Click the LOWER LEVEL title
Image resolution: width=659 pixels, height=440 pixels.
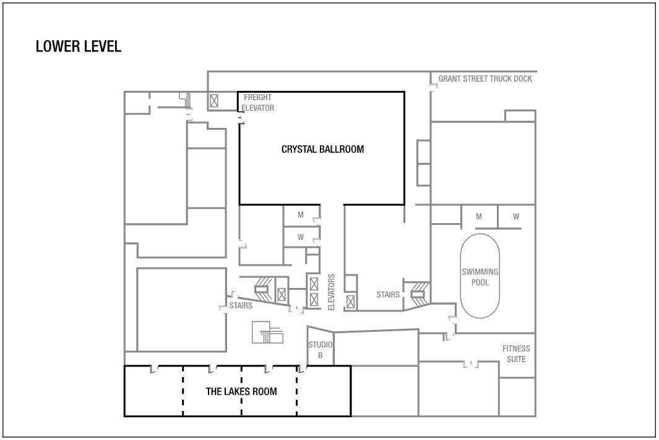click(x=79, y=46)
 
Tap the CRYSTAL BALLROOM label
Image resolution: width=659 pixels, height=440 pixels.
click(x=322, y=149)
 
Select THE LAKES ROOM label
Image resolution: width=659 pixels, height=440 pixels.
click(x=241, y=391)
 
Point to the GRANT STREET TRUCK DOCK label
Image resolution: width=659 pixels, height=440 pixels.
click(x=485, y=78)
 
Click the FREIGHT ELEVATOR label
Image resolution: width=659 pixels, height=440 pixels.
click(x=257, y=103)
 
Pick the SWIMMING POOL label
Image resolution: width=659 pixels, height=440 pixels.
click(x=480, y=277)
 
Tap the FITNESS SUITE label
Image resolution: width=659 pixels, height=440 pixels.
click(x=516, y=354)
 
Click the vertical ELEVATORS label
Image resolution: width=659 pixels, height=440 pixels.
click(x=331, y=292)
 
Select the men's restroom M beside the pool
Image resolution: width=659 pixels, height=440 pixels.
click(x=479, y=217)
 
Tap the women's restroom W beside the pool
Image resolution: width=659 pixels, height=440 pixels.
click(x=515, y=217)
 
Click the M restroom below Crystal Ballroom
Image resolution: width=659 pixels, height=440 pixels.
click(x=301, y=215)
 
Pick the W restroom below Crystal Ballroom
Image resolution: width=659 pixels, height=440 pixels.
click(x=301, y=237)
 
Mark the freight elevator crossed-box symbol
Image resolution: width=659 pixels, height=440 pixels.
click(x=214, y=101)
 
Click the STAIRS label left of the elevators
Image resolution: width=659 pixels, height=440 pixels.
click(x=241, y=305)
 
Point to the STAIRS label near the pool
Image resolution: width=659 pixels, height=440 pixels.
click(x=388, y=294)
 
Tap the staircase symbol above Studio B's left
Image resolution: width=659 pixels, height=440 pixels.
click(x=267, y=332)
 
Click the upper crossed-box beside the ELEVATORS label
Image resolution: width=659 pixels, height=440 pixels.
click(x=314, y=284)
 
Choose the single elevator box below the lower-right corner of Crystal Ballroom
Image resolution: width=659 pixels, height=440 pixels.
click(x=350, y=302)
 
